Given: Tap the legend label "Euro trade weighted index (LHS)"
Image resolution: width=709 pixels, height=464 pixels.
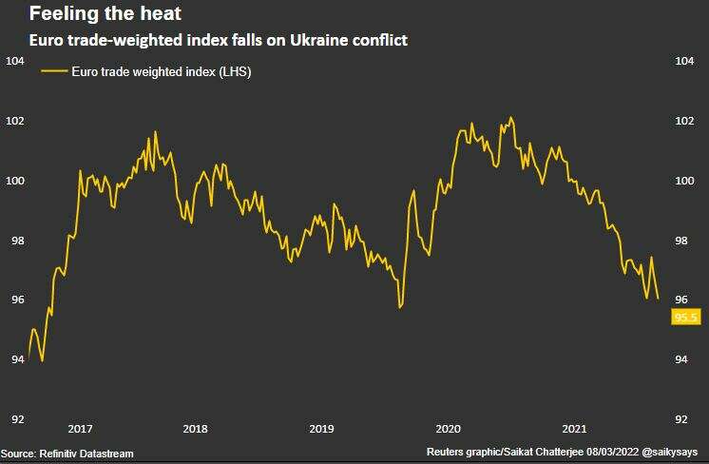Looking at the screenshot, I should tap(161, 71).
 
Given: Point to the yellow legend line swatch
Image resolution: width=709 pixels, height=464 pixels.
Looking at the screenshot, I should tap(54, 71).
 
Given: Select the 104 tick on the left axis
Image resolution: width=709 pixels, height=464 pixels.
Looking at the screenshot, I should tap(15, 62).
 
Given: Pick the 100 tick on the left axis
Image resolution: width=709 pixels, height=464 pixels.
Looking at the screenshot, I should tap(15, 181).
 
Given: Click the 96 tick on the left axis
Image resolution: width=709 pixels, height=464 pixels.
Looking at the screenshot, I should tap(15, 300).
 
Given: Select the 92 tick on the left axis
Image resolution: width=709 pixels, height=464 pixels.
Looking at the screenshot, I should tap(15, 419).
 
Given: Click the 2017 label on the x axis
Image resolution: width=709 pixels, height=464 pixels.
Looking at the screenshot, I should tap(81, 429).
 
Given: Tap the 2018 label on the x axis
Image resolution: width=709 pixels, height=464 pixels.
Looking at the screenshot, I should tap(195, 429).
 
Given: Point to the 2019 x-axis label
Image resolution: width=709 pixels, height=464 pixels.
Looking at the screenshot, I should tap(322, 429).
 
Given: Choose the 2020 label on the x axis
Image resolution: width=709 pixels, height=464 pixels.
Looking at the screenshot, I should tap(448, 429).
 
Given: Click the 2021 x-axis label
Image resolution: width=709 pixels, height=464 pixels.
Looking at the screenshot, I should tap(574, 429).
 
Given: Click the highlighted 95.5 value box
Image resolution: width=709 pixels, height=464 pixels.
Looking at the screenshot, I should tap(685, 318).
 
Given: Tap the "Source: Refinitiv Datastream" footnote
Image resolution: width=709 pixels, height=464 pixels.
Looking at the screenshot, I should tap(67, 454).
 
